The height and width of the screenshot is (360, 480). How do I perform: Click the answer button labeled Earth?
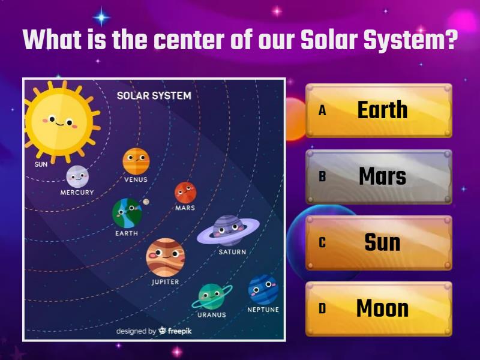379,110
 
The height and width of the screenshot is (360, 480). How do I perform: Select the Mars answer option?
379,176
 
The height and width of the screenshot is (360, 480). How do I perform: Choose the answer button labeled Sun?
379,242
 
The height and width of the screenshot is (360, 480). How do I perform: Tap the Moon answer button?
379,308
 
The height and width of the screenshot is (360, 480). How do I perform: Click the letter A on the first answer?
322,111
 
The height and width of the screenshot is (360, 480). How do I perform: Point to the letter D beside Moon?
322,309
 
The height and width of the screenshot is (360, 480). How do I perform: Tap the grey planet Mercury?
77,176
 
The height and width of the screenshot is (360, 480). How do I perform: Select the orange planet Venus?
136,161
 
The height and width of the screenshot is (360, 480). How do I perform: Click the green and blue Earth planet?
127,212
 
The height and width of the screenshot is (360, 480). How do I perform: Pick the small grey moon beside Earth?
146,202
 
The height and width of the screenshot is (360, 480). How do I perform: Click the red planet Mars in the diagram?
185,193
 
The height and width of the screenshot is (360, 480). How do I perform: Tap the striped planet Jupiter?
165,257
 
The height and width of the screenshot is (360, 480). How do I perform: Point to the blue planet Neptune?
263,290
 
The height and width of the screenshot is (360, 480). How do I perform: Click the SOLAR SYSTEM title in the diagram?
154,95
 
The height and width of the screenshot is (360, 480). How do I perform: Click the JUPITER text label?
165,281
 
